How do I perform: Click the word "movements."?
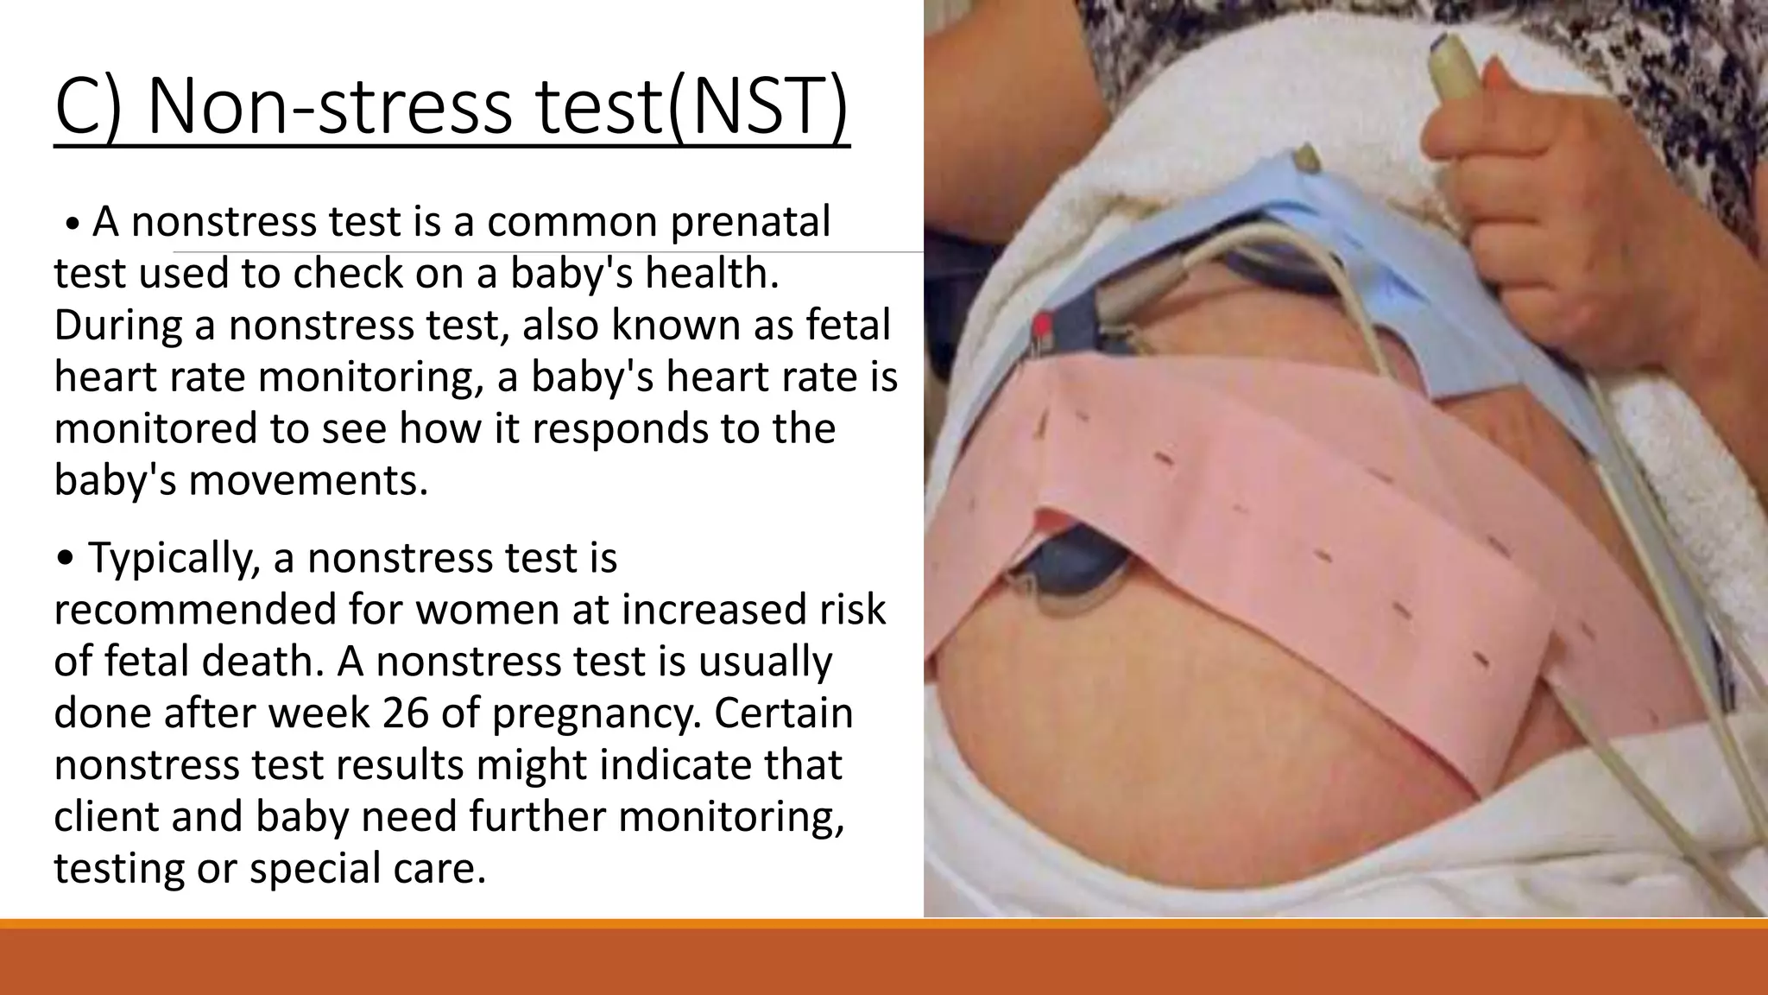coord(308,480)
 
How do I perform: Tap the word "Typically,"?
coord(174,558)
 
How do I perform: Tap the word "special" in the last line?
coord(315,869)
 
